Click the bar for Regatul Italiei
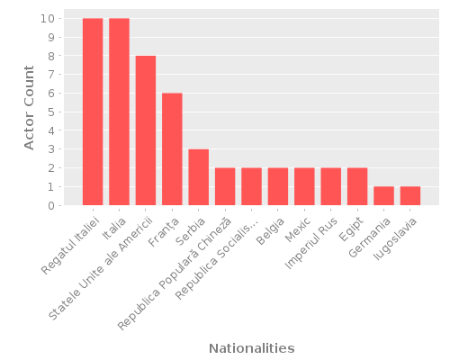(93, 112)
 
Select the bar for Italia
(119, 112)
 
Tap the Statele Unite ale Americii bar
(146, 130)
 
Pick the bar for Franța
(172, 149)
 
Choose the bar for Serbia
(198, 177)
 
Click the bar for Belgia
(278, 186)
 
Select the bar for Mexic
(304, 186)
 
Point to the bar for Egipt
(357, 186)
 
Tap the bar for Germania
(383, 196)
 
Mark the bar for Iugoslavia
(410, 196)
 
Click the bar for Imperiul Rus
(330, 186)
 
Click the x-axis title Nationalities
(251, 347)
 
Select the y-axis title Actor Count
(29, 112)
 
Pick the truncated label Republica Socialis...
(219, 256)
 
